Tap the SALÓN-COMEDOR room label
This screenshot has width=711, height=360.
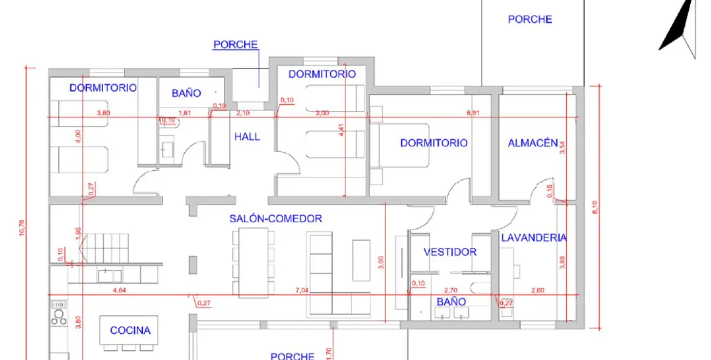tap(275, 218)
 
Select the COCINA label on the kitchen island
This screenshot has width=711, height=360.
tap(130, 331)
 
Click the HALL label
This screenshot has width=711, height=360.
tap(247, 137)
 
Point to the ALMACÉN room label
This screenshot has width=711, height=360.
tap(532, 143)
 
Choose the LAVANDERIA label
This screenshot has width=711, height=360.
tap(533, 238)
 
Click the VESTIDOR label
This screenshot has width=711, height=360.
tap(450, 252)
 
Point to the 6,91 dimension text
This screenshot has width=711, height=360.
tap(473, 113)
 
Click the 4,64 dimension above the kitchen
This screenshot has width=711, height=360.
tap(120, 290)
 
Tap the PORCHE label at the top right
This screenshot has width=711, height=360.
tap(530, 20)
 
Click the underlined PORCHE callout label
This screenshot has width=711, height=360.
tap(235, 45)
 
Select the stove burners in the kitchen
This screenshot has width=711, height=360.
tap(59, 315)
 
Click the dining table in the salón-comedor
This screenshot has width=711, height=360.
tap(250, 262)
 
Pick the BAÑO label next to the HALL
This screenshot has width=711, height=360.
tap(186, 93)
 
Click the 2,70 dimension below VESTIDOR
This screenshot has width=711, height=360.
tap(450, 290)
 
